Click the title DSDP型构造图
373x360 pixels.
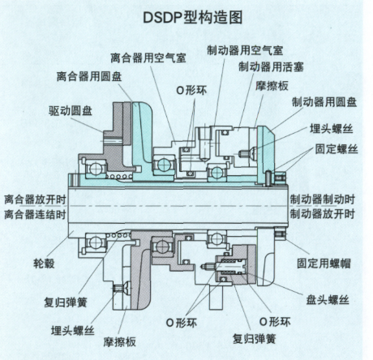(x=192, y=18)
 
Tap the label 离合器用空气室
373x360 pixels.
(x=148, y=58)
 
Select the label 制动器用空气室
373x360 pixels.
(x=245, y=50)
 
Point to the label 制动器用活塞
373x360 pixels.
(x=271, y=66)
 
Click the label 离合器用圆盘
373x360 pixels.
(x=89, y=76)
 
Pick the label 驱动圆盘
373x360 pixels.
(x=71, y=110)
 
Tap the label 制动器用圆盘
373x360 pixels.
(x=324, y=102)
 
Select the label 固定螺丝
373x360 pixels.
(x=337, y=149)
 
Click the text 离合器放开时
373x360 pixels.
(x=35, y=199)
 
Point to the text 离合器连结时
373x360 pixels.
(x=35, y=214)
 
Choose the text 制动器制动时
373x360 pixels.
(x=322, y=199)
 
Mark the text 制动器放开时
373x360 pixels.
(x=322, y=214)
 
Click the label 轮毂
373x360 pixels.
(x=44, y=263)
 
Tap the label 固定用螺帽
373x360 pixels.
(x=324, y=263)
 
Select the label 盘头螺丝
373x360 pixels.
(x=328, y=300)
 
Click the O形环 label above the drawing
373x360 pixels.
(x=191, y=90)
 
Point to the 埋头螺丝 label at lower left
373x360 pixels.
(x=72, y=330)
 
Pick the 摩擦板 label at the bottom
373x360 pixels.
(x=119, y=342)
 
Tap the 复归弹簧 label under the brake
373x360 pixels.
(x=254, y=338)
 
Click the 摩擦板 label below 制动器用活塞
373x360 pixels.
(x=272, y=86)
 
